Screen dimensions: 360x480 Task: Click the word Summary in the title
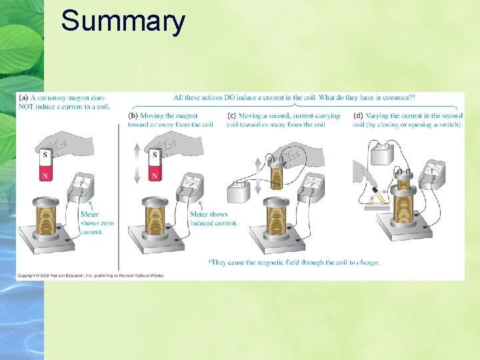(123, 21)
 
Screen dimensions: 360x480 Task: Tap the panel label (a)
(22, 97)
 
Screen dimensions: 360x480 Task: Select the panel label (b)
(133, 116)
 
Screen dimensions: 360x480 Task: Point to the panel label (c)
(231, 116)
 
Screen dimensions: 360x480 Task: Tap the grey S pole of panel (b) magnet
(155, 155)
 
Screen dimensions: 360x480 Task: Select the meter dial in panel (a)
(83, 183)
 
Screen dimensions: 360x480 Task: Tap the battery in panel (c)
(239, 192)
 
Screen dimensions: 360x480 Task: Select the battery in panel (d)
(384, 155)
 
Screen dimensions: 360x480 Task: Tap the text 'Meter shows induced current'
(213, 219)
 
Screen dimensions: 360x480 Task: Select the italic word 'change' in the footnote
(368, 263)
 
